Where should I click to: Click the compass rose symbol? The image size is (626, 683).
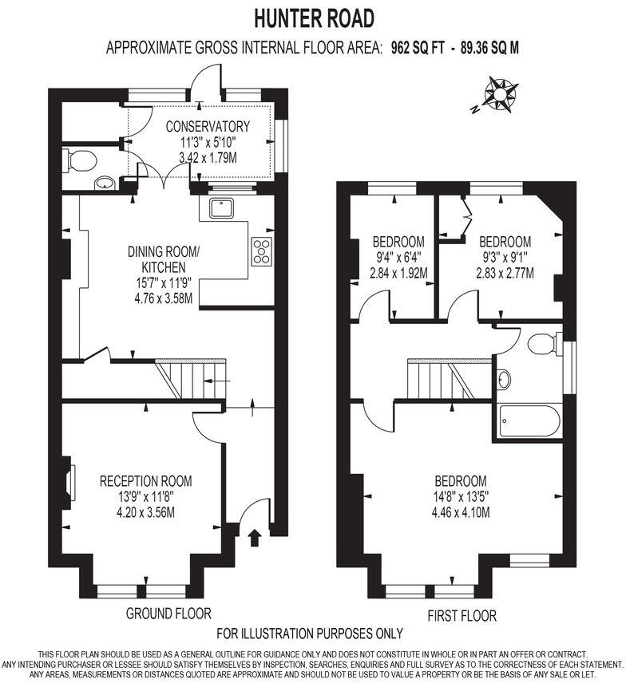coord(499,93)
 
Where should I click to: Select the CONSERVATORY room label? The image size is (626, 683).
coord(208,126)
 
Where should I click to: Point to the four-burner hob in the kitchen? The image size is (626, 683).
coord(261,251)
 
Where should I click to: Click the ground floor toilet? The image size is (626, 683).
coord(81,162)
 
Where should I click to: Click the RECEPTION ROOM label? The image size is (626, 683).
coord(145,481)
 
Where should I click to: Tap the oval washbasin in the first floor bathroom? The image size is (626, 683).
coord(504,379)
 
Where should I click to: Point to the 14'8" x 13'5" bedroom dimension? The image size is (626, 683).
coord(461,496)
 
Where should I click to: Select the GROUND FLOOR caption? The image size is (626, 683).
coord(168,613)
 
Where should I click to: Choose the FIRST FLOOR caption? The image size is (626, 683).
coord(461,615)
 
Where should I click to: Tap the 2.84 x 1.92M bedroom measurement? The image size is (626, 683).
coord(398,273)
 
